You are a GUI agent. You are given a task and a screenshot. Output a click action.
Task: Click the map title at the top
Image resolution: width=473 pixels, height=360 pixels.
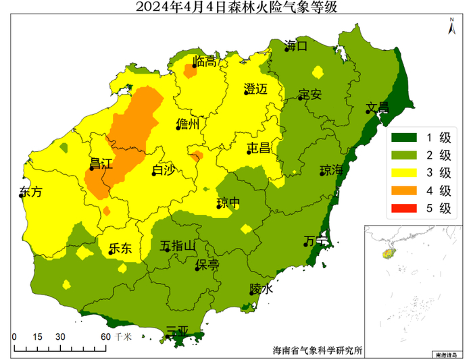[236, 7]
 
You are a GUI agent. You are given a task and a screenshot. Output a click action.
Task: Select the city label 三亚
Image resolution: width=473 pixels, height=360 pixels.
[176, 332]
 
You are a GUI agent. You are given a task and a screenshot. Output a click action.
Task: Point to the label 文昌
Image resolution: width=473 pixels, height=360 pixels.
[378, 107]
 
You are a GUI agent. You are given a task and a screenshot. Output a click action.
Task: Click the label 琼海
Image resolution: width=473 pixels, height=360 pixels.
[331, 169]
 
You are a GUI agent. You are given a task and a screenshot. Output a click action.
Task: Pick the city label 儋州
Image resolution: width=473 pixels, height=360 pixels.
[187, 124]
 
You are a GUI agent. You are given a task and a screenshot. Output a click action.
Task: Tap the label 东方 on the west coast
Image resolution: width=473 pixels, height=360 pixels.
[31, 192]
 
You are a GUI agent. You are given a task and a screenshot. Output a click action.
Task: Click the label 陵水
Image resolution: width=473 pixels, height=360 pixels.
[262, 288]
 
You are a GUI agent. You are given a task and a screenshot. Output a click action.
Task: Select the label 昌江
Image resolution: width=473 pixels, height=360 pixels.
[101, 164]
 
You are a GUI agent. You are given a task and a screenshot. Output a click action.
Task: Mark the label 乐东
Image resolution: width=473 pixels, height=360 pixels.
[120, 249]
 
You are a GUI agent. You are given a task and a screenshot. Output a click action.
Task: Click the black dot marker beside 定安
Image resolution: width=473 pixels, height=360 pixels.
[300, 99]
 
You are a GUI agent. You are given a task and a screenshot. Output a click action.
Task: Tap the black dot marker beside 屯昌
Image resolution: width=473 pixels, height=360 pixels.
[249, 152]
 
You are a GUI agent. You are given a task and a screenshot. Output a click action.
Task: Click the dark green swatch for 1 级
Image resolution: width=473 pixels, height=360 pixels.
[404, 138]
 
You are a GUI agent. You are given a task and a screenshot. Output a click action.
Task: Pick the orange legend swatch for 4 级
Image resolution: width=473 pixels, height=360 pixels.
[404, 190]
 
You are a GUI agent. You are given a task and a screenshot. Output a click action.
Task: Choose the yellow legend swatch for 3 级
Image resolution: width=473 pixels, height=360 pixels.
[404, 173]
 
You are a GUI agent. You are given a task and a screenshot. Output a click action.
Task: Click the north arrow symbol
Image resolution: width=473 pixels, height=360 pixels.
[451, 28]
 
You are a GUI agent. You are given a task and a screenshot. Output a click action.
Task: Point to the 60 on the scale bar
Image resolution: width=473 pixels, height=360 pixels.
[105, 336]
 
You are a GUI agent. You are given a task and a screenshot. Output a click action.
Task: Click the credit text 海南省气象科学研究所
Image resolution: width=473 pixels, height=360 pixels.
[317, 351]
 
